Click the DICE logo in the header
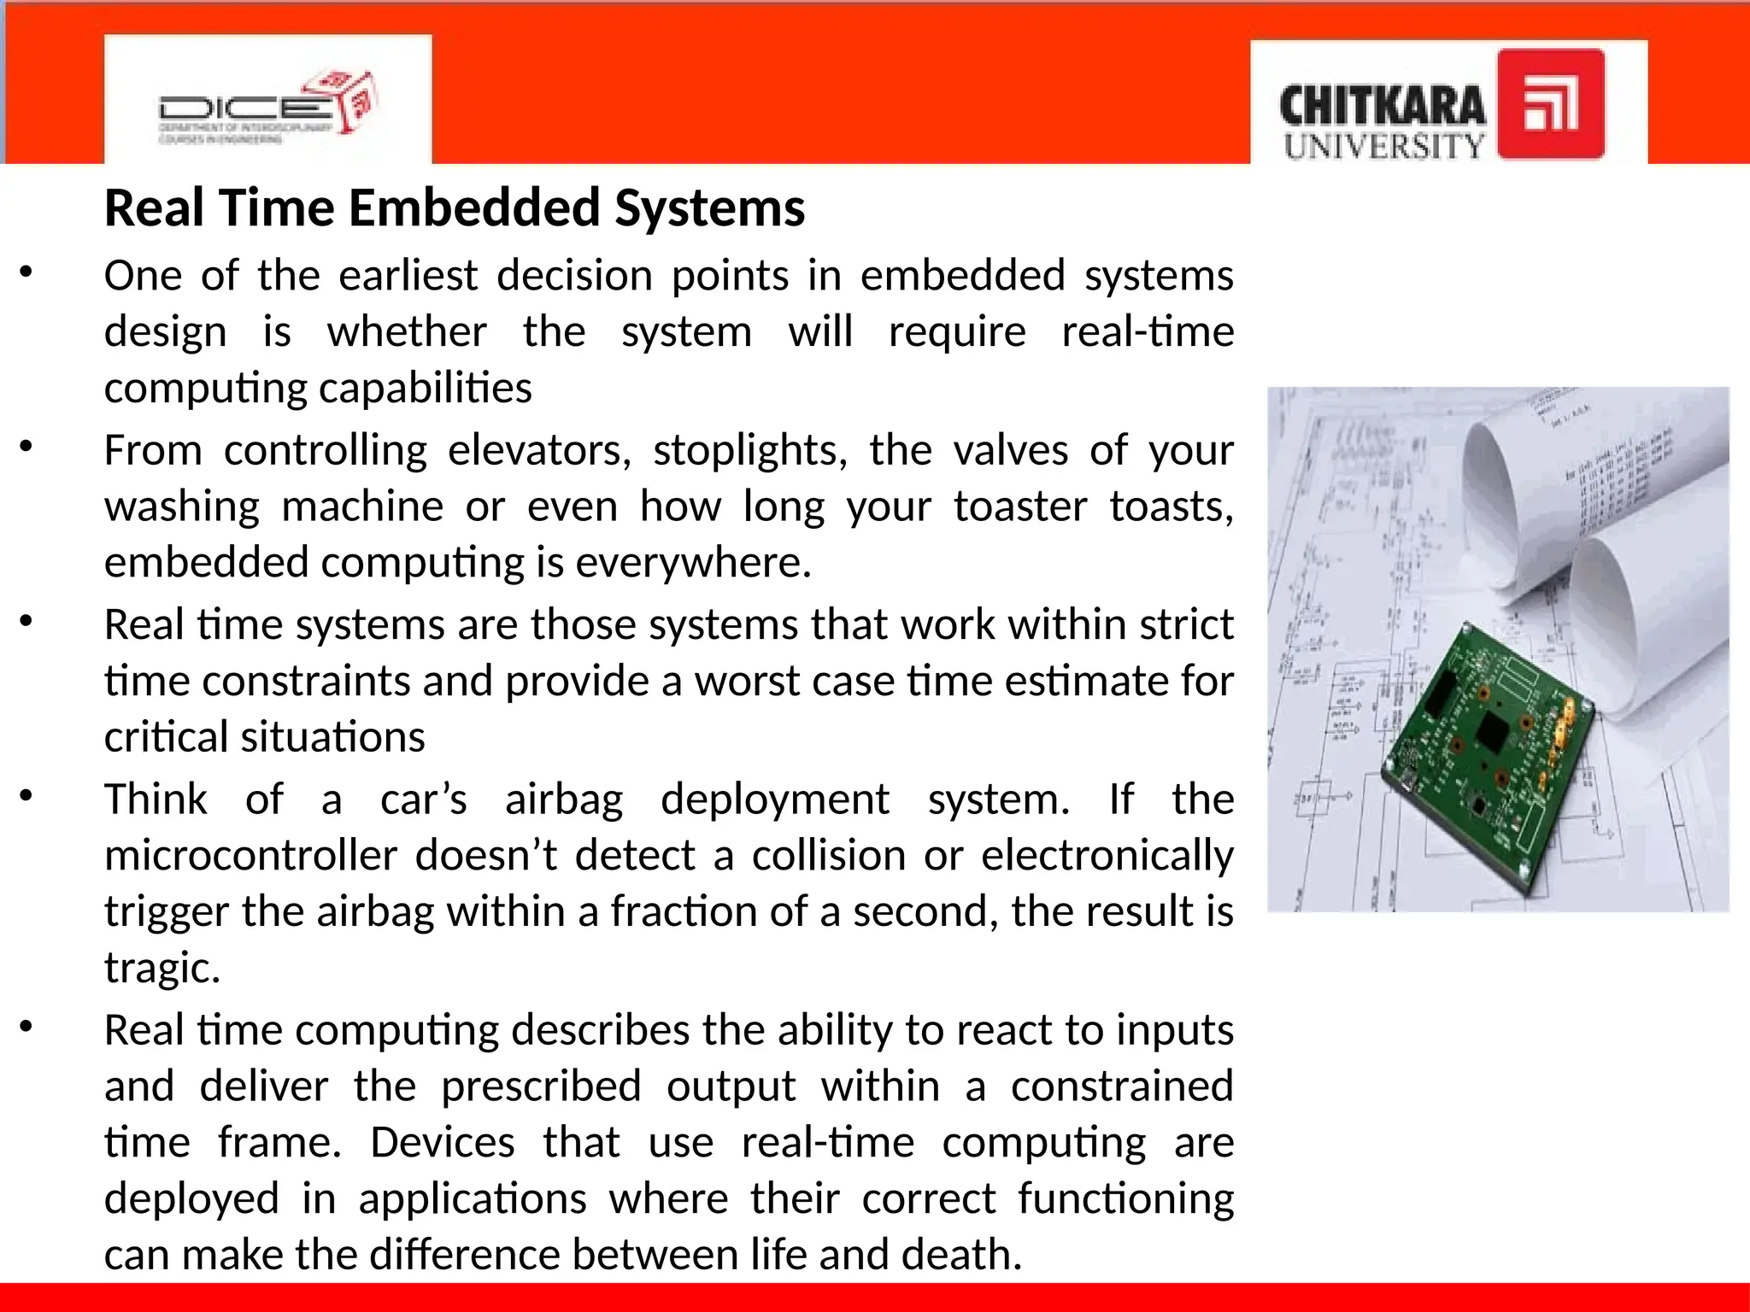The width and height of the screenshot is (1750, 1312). [267, 108]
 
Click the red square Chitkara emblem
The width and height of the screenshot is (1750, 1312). [1551, 104]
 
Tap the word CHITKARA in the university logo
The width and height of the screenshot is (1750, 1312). [1382, 106]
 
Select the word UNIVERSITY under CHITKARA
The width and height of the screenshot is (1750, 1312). [1383, 146]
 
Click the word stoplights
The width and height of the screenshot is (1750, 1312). [749, 450]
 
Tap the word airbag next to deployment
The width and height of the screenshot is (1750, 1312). [564, 799]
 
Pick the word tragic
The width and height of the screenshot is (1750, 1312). [162, 969]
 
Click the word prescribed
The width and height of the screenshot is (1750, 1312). [541, 1086]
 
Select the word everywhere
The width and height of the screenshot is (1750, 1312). [693, 563]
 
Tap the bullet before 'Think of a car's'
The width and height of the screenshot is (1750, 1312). [26, 796]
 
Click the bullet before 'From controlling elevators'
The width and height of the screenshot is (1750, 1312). [26, 447]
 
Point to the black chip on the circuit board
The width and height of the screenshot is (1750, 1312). [1494, 732]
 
